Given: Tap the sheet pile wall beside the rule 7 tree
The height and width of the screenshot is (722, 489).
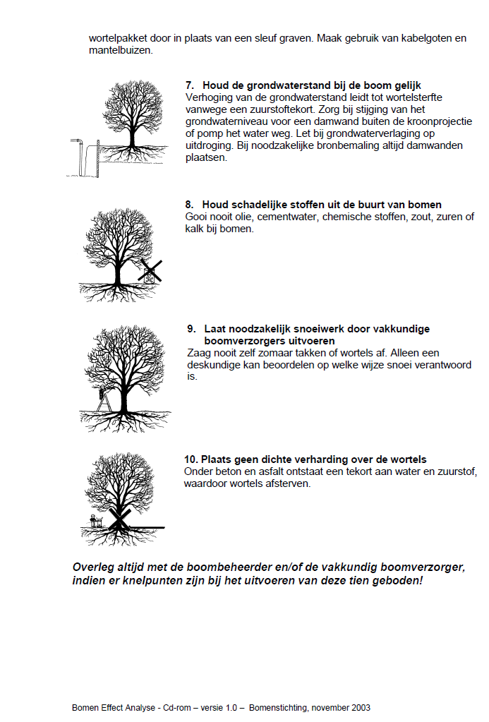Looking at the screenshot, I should click(x=97, y=160).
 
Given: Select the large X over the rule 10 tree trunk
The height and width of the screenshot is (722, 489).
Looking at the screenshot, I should click(x=119, y=520).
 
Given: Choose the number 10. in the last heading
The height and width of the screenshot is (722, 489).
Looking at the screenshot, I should click(x=191, y=459).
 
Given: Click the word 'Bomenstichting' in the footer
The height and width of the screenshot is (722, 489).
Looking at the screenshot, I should click(x=277, y=707).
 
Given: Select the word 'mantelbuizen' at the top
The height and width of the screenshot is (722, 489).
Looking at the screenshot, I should click(x=119, y=51).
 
